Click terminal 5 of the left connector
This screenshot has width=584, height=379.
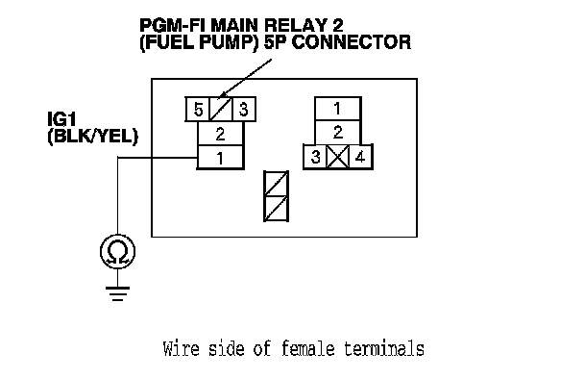point(198,110)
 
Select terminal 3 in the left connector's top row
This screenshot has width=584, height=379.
point(244,110)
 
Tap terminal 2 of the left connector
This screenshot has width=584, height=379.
point(220,134)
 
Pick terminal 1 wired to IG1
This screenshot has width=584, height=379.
point(220,158)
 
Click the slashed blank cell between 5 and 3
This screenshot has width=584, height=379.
point(221,110)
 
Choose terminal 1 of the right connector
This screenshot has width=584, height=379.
point(337,109)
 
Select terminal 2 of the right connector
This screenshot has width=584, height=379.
point(337,132)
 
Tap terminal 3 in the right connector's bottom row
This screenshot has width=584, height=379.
point(315,157)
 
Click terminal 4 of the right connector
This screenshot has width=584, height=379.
point(360,157)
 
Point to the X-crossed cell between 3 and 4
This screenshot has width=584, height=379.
point(338,157)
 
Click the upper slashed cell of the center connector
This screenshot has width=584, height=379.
point(276,183)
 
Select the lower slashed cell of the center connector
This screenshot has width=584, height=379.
point(276,208)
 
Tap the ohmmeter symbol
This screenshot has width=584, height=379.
point(118,251)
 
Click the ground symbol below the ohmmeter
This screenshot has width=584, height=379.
point(118,293)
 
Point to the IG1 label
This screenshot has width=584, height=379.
point(61,119)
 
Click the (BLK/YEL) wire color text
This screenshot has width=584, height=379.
point(93,137)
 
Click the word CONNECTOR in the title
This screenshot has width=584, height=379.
point(352,42)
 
